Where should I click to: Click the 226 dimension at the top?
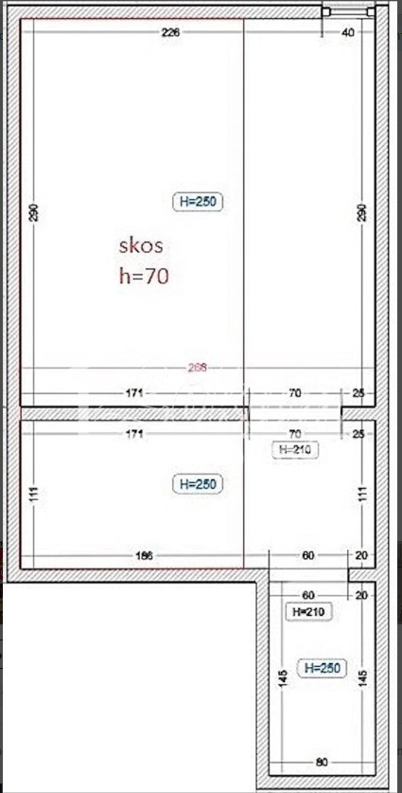click(170, 32)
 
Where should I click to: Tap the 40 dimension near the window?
click(347, 32)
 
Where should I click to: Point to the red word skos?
click(141, 245)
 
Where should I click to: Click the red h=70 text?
click(143, 276)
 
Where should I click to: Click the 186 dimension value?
click(142, 555)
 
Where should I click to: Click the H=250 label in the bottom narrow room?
click(322, 669)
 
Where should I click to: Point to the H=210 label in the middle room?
click(294, 450)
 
